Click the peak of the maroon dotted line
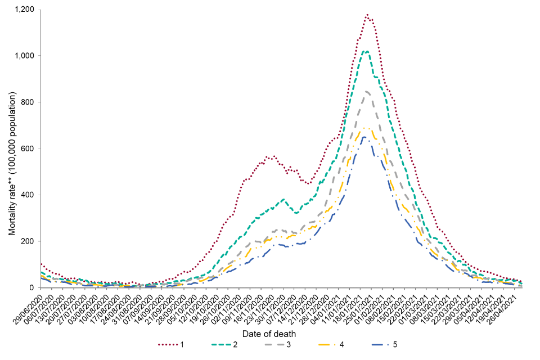[367, 15]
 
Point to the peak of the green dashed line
[366, 51]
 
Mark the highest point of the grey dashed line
[366, 91]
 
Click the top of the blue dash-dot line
[363, 137]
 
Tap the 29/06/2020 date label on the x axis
[28, 308]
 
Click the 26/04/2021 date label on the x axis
[508, 308]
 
